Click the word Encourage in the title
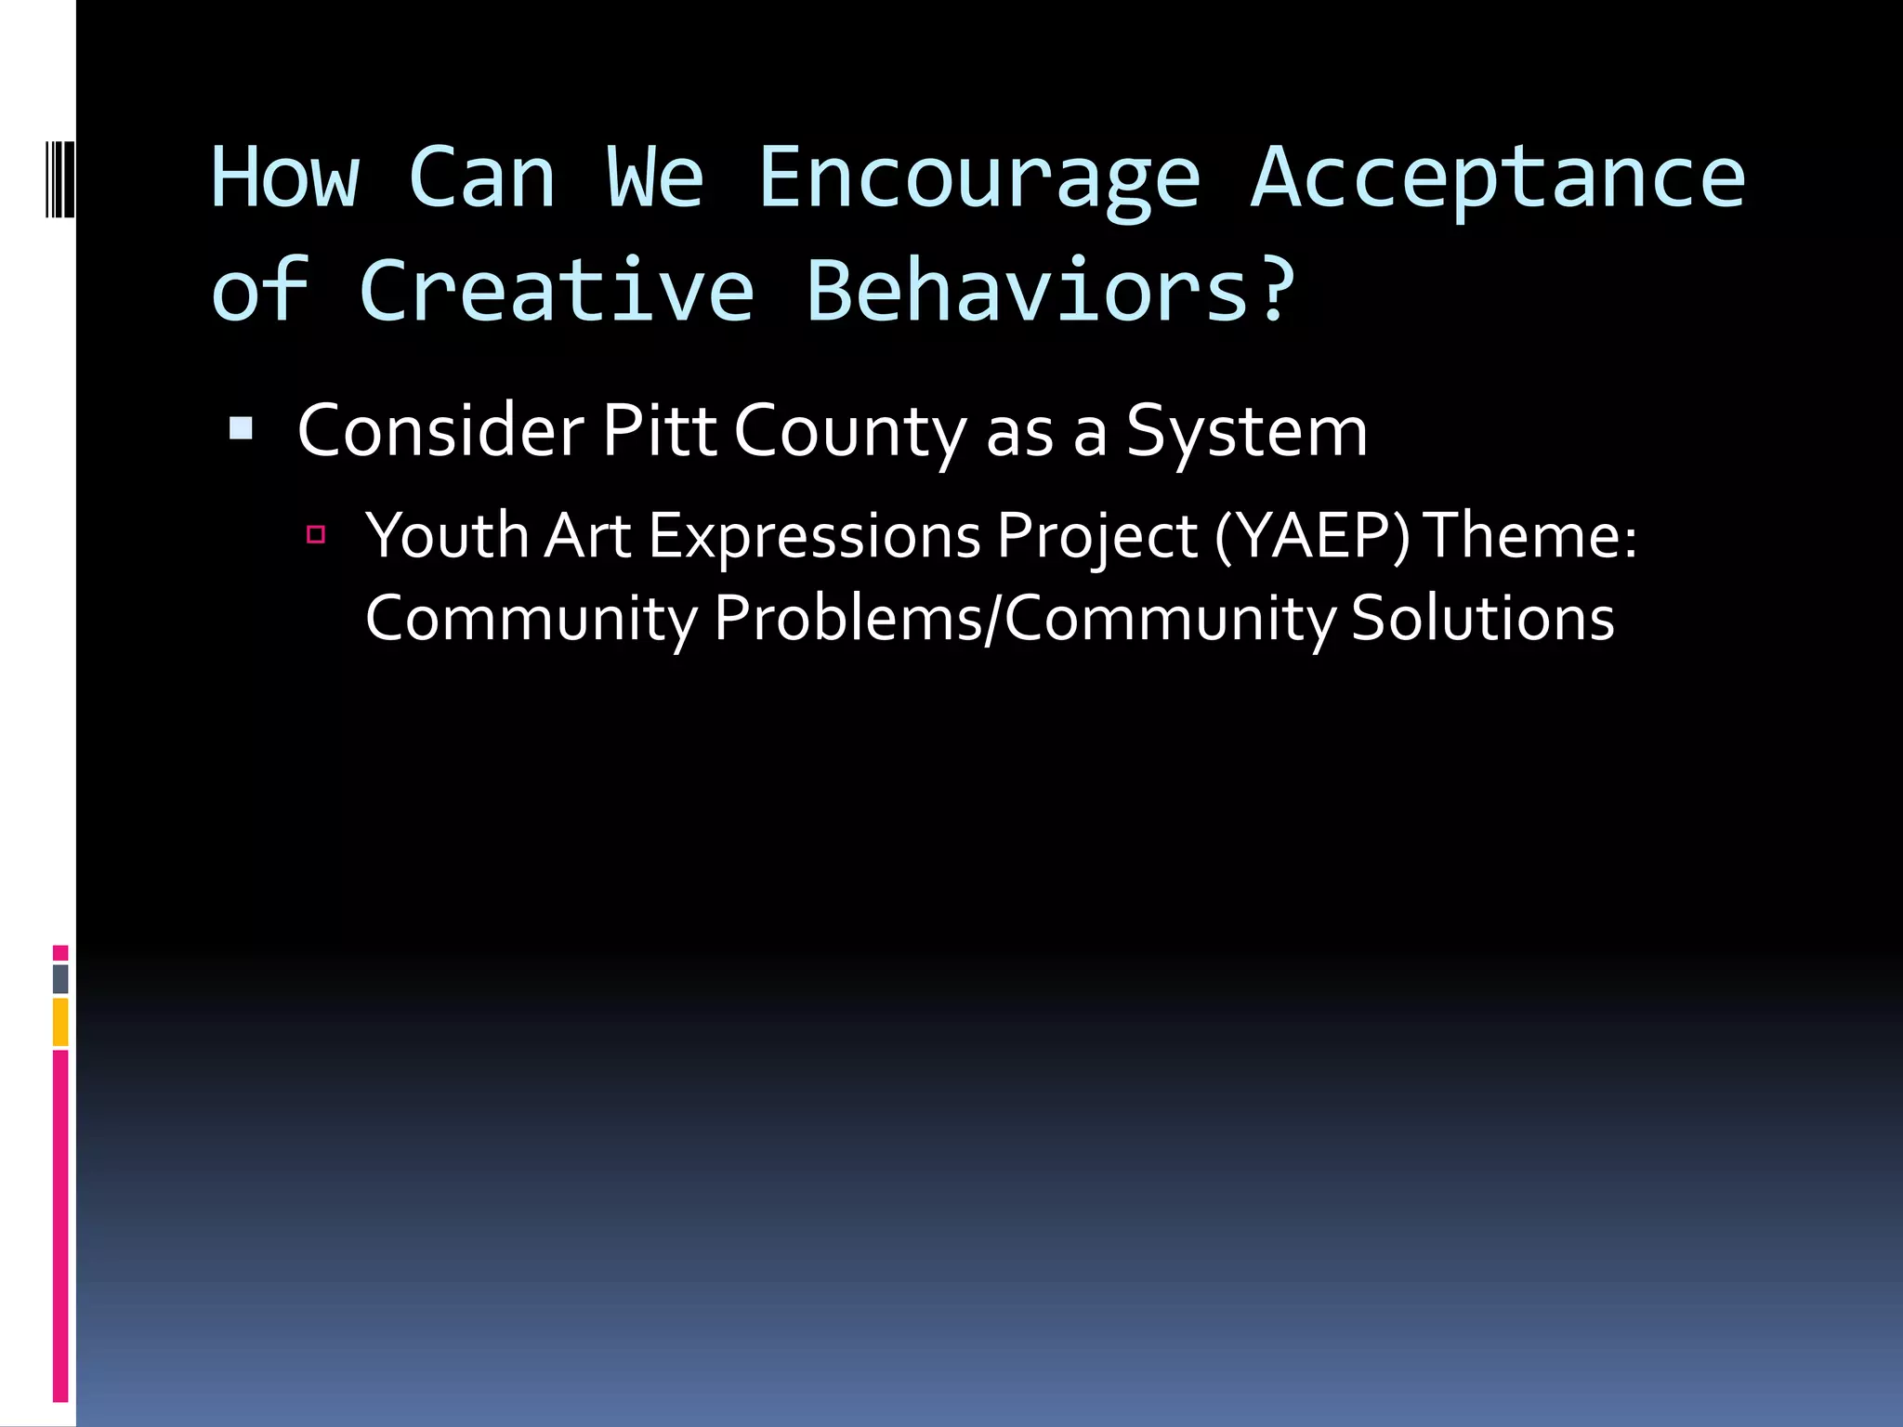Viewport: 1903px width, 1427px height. (x=979, y=178)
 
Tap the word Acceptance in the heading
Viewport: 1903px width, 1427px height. (x=1498, y=178)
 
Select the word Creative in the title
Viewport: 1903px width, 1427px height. (x=556, y=291)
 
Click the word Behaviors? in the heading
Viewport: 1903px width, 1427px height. (x=1050, y=291)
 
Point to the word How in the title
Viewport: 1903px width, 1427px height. (x=284, y=178)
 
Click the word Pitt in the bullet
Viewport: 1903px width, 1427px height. (x=659, y=431)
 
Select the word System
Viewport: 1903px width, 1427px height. (x=1246, y=433)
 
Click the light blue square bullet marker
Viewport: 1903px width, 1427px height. (x=241, y=427)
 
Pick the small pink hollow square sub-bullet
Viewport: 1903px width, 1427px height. (x=316, y=534)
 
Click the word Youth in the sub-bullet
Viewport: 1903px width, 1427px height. (x=446, y=536)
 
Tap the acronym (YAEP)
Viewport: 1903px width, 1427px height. (x=1312, y=536)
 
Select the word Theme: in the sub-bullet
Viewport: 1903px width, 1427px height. (x=1529, y=536)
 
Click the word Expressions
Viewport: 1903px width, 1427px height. (x=814, y=538)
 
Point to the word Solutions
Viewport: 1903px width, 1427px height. (x=1482, y=618)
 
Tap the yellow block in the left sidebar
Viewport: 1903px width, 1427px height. (x=60, y=1022)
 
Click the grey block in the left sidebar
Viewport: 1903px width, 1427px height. (x=60, y=978)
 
